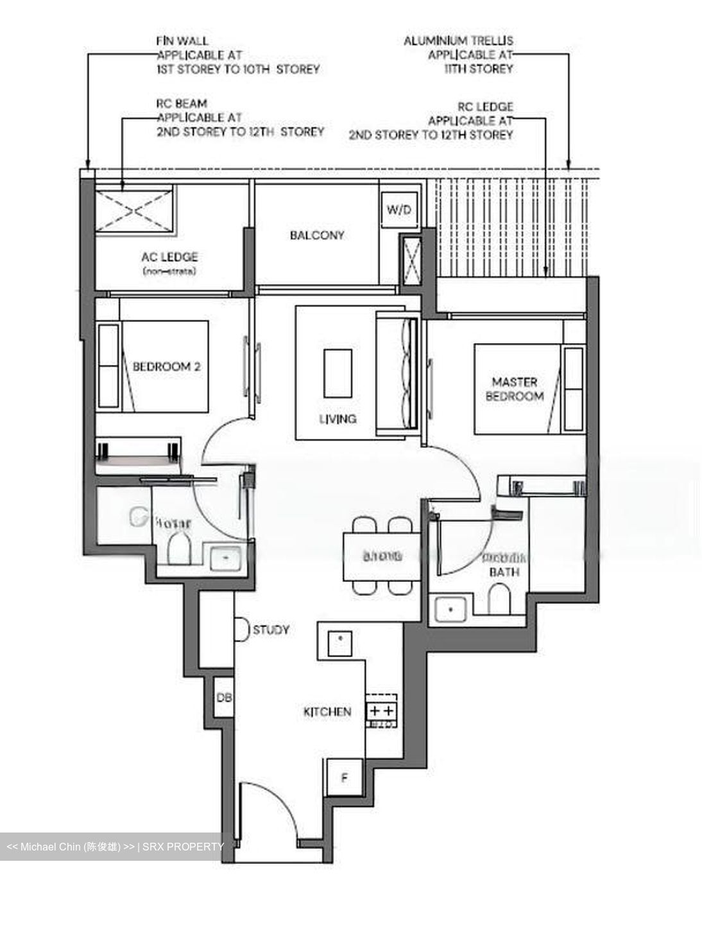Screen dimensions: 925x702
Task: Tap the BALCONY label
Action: point(317,235)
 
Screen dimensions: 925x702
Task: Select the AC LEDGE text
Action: point(169,257)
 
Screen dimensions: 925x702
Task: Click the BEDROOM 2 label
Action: point(166,367)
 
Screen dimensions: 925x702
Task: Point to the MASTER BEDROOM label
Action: point(514,389)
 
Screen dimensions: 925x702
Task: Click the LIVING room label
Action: point(338,419)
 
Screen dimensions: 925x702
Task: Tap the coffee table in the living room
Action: point(338,373)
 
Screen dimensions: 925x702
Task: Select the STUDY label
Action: point(271,630)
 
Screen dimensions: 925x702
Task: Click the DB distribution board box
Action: point(223,696)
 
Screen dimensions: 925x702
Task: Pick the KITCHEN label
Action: point(327,712)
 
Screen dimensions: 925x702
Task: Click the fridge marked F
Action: point(344,778)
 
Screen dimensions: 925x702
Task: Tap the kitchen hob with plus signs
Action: point(381,710)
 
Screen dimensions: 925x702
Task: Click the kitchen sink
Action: point(340,639)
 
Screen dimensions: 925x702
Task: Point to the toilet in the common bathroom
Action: point(179,550)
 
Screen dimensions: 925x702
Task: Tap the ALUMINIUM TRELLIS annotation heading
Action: point(458,40)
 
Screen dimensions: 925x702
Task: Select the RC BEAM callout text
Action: point(182,103)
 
